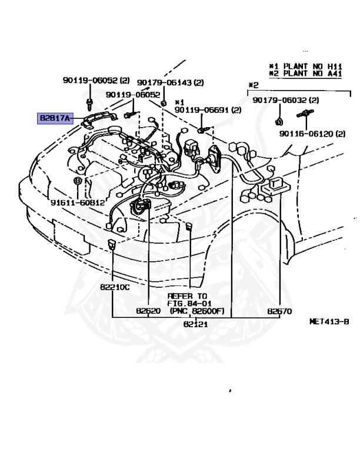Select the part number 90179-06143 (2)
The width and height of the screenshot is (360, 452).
[171, 83]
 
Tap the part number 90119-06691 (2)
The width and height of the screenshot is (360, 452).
[208, 109]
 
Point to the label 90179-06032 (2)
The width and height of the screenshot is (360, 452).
[286, 101]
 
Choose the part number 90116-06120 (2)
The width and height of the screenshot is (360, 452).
[312, 134]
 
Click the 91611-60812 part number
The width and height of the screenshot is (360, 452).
[77, 202]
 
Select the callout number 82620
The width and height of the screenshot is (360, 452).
[148, 311]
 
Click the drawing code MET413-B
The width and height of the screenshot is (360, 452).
[329, 322]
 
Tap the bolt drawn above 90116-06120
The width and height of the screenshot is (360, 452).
[306, 113]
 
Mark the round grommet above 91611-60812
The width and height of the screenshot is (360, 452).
[77, 180]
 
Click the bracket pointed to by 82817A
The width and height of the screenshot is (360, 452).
[100, 119]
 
